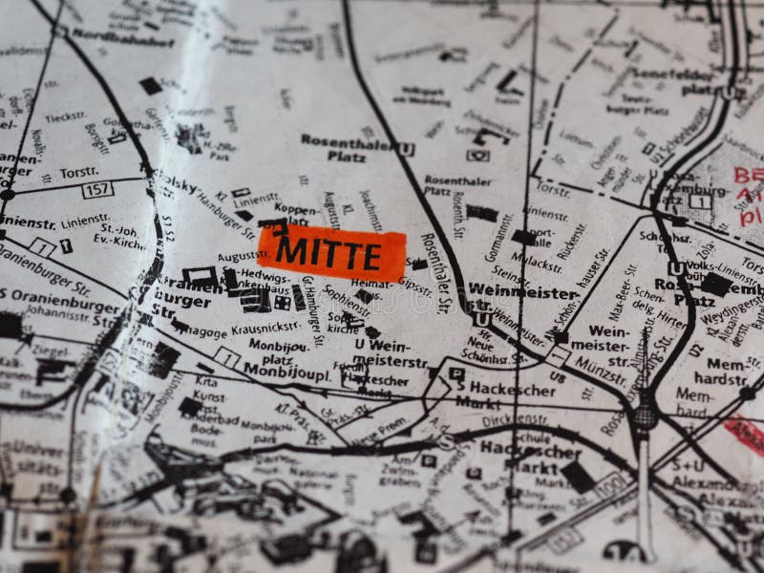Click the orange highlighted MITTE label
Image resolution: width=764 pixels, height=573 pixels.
(x=331, y=253)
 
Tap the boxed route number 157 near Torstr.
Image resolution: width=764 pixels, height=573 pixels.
(x=97, y=189)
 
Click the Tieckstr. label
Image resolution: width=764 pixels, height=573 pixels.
(x=65, y=117)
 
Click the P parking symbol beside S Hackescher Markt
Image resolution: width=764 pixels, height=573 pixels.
(x=456, y=374)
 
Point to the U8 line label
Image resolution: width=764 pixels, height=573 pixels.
(x=557, y=377)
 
